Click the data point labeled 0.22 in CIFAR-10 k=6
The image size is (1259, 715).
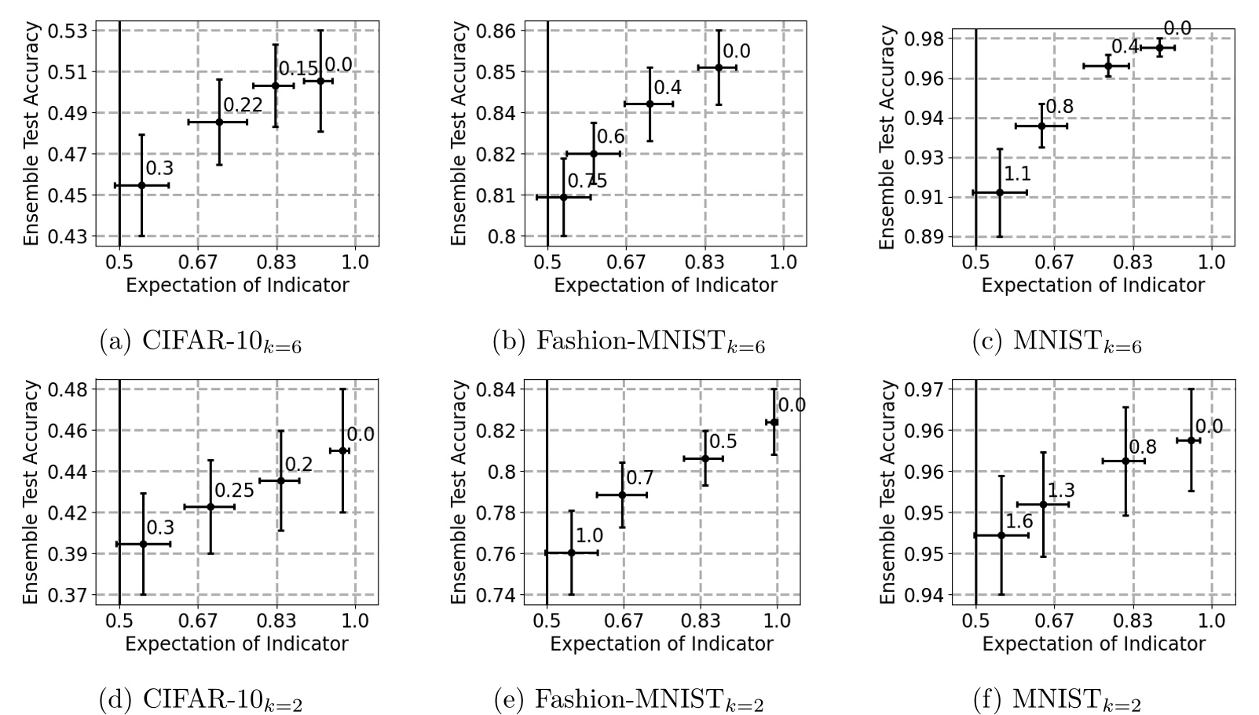coord(219,122)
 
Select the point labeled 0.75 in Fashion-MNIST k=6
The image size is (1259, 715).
coord(563,197)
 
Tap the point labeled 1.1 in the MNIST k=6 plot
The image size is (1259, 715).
coord(1000,192)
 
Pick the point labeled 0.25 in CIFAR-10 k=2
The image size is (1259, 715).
coord(210,507)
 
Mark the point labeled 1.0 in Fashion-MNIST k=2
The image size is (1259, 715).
coord(571,553)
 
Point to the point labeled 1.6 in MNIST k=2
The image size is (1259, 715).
coord(1001,535)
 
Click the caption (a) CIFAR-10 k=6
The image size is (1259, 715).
coord(200,342)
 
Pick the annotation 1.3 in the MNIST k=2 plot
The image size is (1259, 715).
coord(1060,491)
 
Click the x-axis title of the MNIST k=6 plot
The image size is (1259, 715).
coord(1092,286)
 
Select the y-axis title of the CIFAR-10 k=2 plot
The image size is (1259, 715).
coord(31,492)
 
